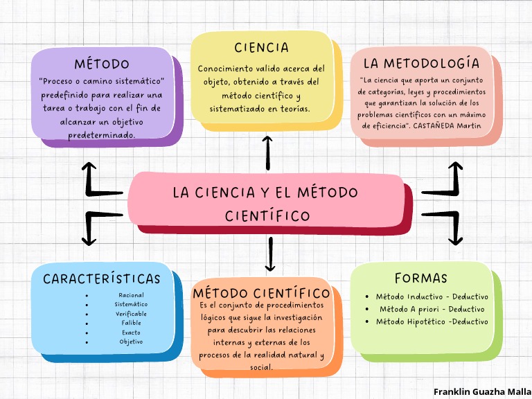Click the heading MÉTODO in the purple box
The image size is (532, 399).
(102, 64)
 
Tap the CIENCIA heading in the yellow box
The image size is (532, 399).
(261, 48)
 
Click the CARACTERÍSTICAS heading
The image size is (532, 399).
(102, 279)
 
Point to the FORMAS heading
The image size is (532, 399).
(421, 278)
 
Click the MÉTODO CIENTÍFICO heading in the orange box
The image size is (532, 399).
(261, 294)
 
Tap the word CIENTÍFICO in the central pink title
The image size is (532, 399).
(267, 216)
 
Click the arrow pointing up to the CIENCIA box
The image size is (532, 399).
(268, 152)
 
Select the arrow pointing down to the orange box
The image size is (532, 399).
(270, 254)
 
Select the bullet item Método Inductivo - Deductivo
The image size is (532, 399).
(432, 296)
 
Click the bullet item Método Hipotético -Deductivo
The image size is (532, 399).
(432, 321)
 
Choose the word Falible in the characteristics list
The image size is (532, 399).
(131, 323)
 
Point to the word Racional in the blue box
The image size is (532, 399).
(131, 295)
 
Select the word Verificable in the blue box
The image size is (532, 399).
(131, 314)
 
